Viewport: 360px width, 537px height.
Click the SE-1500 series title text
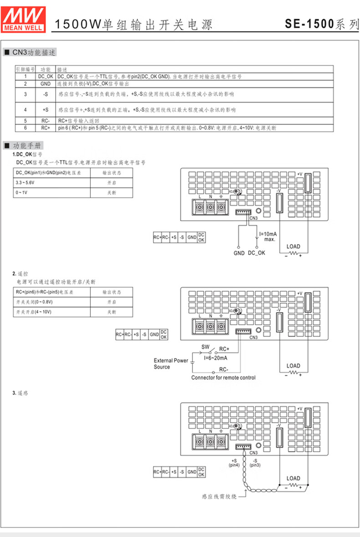tap(322, 24)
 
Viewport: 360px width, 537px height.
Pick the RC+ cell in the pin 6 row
tap(45, 128)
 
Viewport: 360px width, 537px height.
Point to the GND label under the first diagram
tap(239, 253)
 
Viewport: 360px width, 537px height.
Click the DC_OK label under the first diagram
tap(257, 253)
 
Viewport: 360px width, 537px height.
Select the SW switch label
tap(206, 347)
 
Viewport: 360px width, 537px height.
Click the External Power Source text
tap(171, 364)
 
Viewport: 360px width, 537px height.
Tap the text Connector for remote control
tap(223, 377)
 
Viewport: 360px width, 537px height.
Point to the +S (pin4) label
tap(235, 463)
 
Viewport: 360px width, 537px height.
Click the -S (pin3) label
tap(255, 463)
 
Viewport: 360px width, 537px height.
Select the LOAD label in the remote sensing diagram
tap(293, 478)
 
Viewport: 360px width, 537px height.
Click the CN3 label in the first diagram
tap(254, 218)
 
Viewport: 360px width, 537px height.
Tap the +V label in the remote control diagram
tap(299, 293)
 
